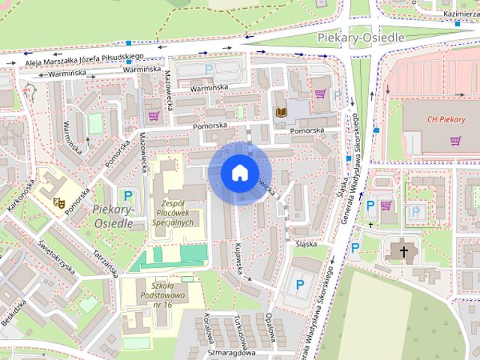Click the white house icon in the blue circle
[x=239, y=172]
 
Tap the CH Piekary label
[x=446, y=119]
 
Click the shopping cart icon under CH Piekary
[x=454, y=140]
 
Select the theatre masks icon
[x=58, y=201]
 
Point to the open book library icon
[x=281, y=112]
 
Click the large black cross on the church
[x=404, y=251]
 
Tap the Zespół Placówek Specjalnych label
[x=177, y=212]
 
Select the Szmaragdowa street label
[x=232, y=352]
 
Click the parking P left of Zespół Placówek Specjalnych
[x=128, y=196]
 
